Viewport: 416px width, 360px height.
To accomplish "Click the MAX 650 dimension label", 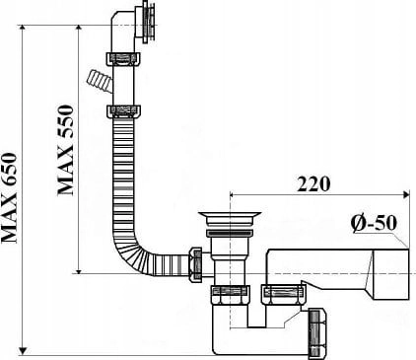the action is point(9,198).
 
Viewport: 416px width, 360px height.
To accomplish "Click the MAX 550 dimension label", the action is point(65,150).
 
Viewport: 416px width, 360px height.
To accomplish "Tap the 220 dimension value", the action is point(313,184).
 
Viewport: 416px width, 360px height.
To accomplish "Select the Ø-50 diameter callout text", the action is point(374,224).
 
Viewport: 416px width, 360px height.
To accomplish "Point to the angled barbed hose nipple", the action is point(99,82).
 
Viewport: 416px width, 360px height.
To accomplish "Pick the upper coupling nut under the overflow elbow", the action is point(123,60).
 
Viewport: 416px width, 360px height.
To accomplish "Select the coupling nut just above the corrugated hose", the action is point(123,111).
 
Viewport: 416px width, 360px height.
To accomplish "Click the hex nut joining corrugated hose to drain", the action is point(195,264).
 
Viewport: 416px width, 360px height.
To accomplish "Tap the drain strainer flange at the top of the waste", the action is point(230,216).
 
